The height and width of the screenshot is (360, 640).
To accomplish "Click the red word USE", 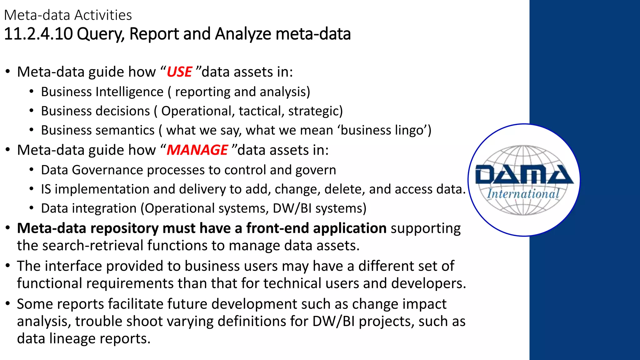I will point(179,72).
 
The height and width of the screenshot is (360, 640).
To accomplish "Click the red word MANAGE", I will point(197,150).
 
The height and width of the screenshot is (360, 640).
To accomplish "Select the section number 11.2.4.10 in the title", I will point(38,34).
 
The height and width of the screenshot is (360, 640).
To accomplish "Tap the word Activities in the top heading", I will point(103,15).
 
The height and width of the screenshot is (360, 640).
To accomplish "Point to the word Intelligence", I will point(129,92).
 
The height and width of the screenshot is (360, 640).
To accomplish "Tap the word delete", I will point(345,189).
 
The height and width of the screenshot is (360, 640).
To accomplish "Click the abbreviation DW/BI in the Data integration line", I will point(292,208).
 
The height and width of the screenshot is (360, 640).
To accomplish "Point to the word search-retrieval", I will point(93,246).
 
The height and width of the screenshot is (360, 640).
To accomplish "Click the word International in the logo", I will point(523,194).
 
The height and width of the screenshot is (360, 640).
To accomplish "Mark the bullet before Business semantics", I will point(31,130).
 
